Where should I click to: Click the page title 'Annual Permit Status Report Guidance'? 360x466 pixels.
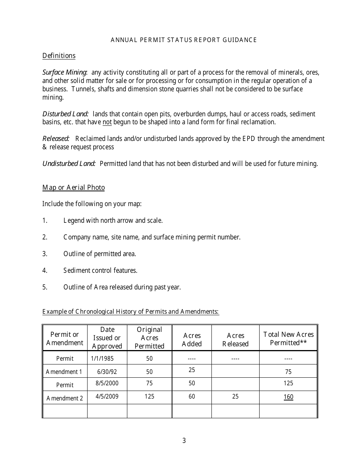[x=184, y=40]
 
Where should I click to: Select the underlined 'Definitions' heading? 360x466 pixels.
[x=59, y=56]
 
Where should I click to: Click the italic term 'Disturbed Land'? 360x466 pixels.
[x=65, y=114]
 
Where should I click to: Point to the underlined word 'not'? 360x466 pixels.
[x=107, y=122]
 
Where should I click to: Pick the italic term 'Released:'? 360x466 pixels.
[x=56, y=139]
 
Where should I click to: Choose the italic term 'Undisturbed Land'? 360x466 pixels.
[x=69, y=164]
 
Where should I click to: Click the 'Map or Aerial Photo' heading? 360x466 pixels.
[x=74, y=188]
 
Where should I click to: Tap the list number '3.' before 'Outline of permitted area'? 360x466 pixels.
[x=45, y=254]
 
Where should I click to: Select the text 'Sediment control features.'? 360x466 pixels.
[x=100, y=271]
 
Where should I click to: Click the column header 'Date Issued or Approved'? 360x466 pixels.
[x=107, y=338]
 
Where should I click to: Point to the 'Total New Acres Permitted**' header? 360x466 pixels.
[x=288, y=338]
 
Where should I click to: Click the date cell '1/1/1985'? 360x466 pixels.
[x=102, y=358]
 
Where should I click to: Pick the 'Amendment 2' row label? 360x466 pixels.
[x=65, y=398]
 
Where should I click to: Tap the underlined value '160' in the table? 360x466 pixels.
[x=288, y=397]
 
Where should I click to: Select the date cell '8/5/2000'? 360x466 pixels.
[x=107, y=383]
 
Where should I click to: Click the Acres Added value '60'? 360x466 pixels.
[x=192, y=397]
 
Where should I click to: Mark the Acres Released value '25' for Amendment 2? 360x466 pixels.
[x=235, y=397]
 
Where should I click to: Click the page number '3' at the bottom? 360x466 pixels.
[x=184, y=440]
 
